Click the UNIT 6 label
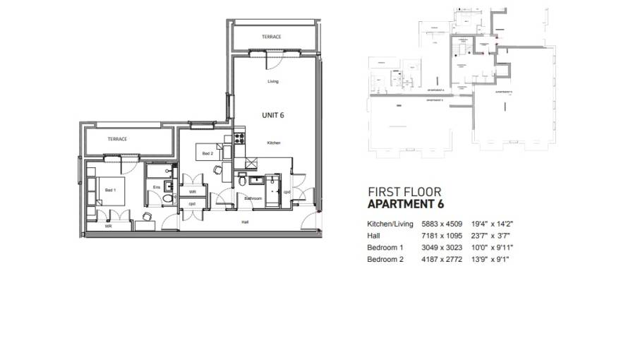pos(273,114)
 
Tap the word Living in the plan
pos(273,81)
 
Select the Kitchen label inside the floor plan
pos(274,143)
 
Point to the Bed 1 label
pos(110,191)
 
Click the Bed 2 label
pos(207,153)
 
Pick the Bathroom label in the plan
pos(254,198)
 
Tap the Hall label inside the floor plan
pos(245,222)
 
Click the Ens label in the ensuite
pos(156,187)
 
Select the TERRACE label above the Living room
pos(272,37)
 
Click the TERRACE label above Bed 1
pos(117,139)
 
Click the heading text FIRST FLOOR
pos(405,191)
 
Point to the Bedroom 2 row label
pos(385,260)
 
